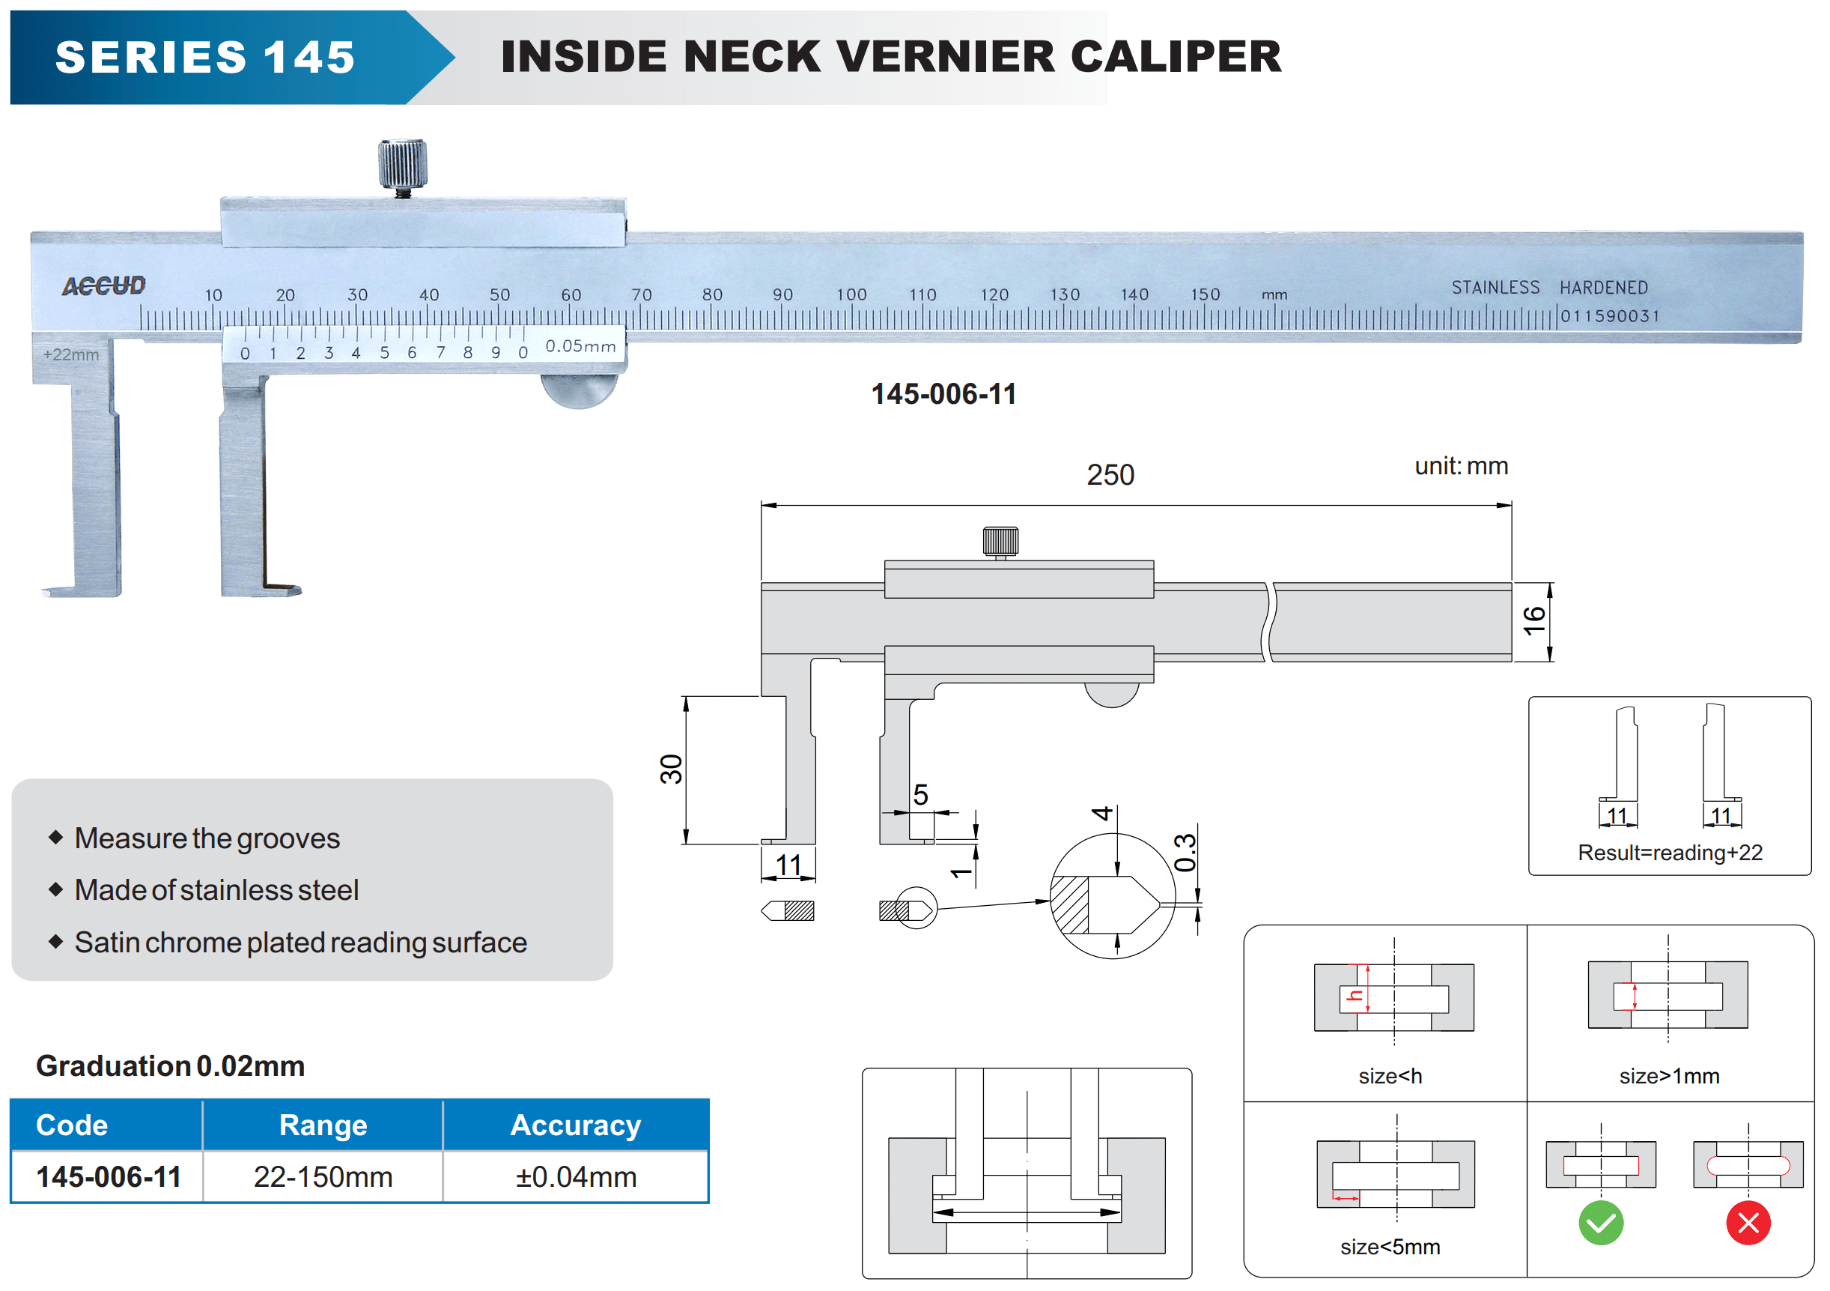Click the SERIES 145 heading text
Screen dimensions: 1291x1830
[205, 58]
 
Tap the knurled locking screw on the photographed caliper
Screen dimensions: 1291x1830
[403, 164]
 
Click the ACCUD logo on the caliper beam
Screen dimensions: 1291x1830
[103, 285]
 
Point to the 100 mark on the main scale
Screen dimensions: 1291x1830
[851, 294]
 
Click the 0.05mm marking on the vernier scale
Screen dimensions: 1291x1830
[580, 346]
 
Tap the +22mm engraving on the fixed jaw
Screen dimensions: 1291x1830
[71, 355]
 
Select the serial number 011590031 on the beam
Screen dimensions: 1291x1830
[1609, 315]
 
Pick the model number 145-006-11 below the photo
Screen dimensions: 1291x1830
[943, 394]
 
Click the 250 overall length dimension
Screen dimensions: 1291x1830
[1110, 475]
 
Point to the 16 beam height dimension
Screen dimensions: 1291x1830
[1533, 620]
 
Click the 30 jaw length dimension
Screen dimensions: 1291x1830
[672, 769]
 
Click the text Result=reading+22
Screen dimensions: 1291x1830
[1669, 853]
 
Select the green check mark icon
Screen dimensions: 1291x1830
[1600, 1222]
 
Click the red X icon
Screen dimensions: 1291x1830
[1748, 1222]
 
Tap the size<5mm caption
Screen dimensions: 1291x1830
[1389, 1246]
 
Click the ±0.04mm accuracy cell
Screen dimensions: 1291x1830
[576, 1176]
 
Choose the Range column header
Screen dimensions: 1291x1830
[323, 1125]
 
